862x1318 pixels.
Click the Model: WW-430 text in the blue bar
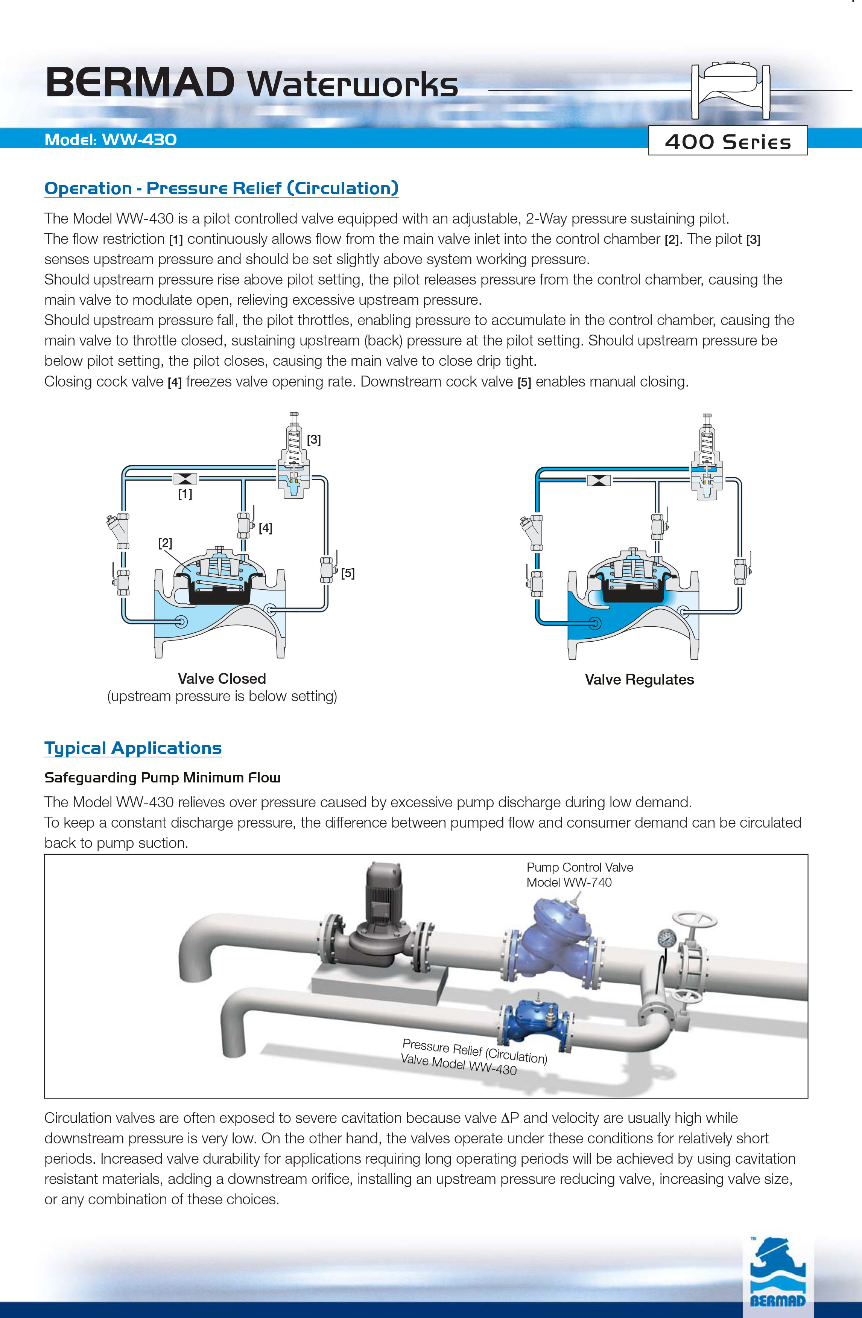(x=111, y=140)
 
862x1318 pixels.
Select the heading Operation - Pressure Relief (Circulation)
(x=222, y=188)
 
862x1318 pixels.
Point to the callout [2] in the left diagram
(x=165, y=543)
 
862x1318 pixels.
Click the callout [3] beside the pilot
(x=314, y=440)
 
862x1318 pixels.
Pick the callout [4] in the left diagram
(x=265, y=528)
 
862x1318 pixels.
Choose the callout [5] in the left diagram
(x=348, y=573)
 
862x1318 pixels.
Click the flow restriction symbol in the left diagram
(x=185, y=479)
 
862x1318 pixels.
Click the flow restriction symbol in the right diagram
(x=599, y=480)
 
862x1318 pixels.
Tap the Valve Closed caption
(x=222, y=679)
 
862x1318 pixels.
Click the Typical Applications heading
(x=133, y=748)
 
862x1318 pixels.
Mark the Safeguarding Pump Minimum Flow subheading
(x=162, y=778)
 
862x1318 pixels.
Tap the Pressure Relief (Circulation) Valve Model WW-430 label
(x=473, y=1057)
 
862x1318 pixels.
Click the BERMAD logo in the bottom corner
(x=777, y=1274)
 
